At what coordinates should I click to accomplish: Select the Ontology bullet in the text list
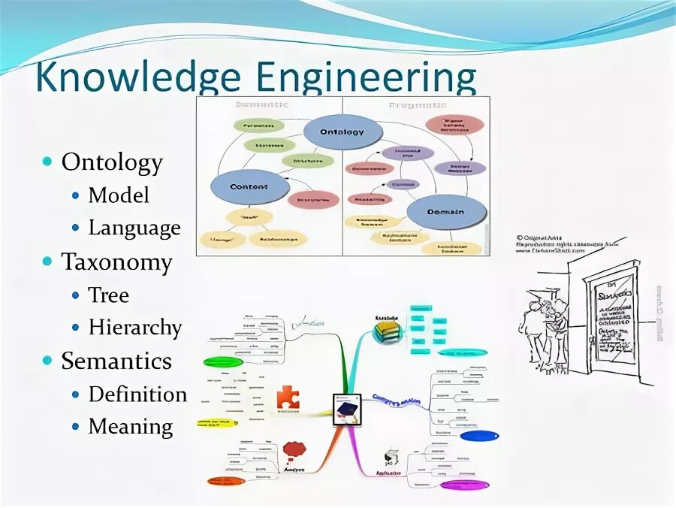[x=112, y=162]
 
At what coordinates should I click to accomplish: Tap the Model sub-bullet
[x=119, y=195]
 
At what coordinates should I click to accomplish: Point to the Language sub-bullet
[x=134, y=228]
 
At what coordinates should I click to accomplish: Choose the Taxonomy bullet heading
[x=116, y=262]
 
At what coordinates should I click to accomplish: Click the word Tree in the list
[x=109, y=295]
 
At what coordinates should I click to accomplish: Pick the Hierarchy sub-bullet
[x=135, y=328]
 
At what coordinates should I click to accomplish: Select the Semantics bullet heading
[x=116, y=361]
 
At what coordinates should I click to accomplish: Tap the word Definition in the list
[x=137, y=394]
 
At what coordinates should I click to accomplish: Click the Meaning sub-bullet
[x=131, y=427]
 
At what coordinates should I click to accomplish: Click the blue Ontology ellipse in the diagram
[x=342, y=132]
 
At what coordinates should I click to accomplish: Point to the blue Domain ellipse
[x=445, y=212]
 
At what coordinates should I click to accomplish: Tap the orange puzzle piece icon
[x=288, y=397]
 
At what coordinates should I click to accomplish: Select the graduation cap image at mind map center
[x=346, y=408]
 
